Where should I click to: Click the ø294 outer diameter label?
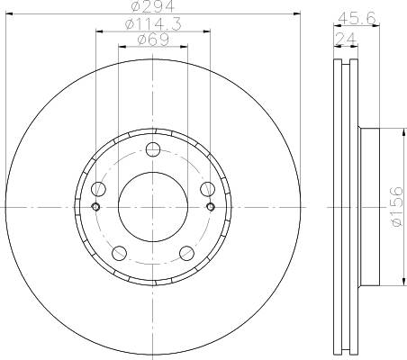pos(152,9)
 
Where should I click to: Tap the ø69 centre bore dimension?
pos(152,40)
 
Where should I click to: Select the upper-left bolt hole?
pos(98,188)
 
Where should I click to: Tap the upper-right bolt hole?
pos(207,188)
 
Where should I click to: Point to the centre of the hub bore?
pos(152,206)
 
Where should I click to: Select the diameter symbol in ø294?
pos(135,9)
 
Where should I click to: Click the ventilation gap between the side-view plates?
pos(344,206)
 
